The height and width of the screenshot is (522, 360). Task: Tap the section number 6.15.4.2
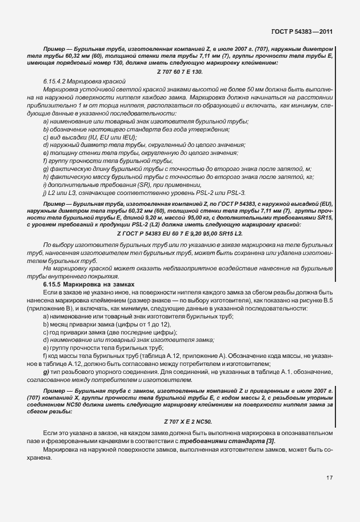pos(57,82)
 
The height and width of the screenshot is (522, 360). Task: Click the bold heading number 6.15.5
pos(55,284)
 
